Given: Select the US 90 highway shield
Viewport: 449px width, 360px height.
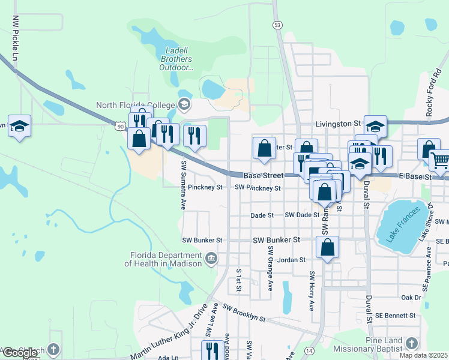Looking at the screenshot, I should tap(121, 125).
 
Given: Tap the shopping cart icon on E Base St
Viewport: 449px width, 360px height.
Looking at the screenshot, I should tap(440, 160).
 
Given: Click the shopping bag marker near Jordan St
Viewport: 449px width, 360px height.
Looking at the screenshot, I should tap(327, 247).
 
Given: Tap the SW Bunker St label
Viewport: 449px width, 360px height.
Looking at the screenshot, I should tap(276, 240).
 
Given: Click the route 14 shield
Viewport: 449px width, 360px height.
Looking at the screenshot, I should tap(309, 350).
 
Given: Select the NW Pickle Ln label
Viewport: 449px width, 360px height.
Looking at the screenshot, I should tap(15, 33).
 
